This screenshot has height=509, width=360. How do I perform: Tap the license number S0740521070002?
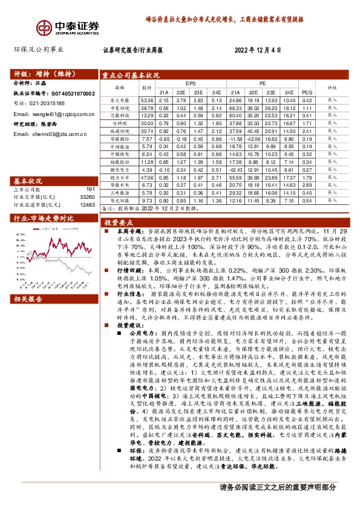point(71,94)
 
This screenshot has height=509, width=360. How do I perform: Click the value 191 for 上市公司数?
point(90,189)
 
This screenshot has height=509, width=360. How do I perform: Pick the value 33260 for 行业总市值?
point(87,197)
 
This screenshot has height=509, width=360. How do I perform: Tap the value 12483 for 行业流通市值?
point(87,205)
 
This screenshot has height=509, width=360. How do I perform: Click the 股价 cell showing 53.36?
point(147,100)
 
